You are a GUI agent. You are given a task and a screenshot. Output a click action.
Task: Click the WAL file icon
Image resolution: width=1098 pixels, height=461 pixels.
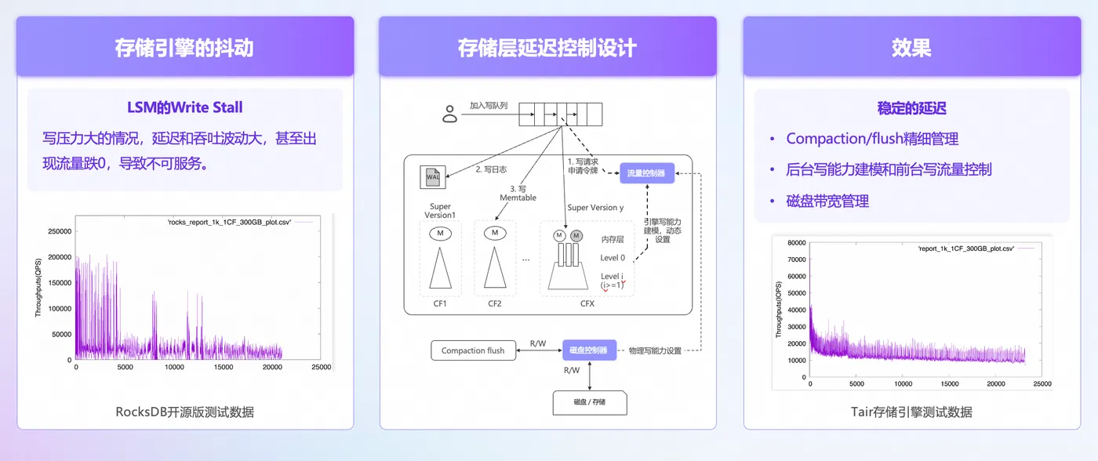(x=433, y=177)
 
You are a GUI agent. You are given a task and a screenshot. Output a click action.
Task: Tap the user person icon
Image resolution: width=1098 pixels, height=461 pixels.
(x=449, y=114)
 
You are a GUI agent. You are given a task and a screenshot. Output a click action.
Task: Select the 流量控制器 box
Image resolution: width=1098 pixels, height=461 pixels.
(x=647, y=173)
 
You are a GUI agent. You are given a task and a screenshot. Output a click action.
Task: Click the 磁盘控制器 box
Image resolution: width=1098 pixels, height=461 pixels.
(x=589, y=350)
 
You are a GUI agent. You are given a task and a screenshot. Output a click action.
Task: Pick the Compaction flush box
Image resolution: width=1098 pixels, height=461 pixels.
(x=473, y=350)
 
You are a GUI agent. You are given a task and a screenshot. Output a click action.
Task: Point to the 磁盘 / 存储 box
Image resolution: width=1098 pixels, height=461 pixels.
(x=590, y=403)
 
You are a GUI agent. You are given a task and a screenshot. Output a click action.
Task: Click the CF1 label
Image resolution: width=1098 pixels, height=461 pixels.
(x=440, y=303)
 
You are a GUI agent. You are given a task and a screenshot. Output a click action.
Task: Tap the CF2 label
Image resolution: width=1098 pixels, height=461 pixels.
(x=495, y=303)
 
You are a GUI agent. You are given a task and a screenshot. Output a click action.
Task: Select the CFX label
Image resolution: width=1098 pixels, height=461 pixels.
(x=587, y=303)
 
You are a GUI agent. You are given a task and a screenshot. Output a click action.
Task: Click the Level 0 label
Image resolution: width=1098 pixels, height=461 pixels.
(x=613, y=258)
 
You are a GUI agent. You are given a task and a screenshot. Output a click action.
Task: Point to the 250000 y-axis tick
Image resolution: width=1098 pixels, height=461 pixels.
(x=60, y=231)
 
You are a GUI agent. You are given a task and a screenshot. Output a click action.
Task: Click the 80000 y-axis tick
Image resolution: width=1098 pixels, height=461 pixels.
(x=797, y=243)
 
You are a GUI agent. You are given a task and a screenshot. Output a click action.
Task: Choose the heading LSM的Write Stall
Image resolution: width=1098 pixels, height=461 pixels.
(x=185, y=107)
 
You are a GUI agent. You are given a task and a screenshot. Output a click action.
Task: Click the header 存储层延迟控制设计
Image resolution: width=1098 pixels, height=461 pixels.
(x=547, y=48)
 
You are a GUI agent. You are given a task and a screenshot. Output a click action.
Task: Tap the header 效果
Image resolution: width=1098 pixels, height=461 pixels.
(x=911, y=48)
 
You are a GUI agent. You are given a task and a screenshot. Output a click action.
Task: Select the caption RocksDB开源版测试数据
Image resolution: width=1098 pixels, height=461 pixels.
(x=185, y=412)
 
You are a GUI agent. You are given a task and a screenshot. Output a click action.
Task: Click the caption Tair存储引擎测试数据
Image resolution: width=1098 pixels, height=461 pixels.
(x=911, y=412)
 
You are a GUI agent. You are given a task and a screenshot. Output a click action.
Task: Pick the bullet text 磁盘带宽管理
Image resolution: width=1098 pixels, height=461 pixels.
(x=827, y=201)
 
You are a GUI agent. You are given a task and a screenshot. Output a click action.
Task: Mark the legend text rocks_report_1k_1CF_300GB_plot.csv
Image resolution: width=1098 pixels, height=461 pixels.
(x=229, y=222)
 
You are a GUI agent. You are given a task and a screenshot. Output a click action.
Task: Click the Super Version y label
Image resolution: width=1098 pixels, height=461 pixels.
(x=595, y=208)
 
